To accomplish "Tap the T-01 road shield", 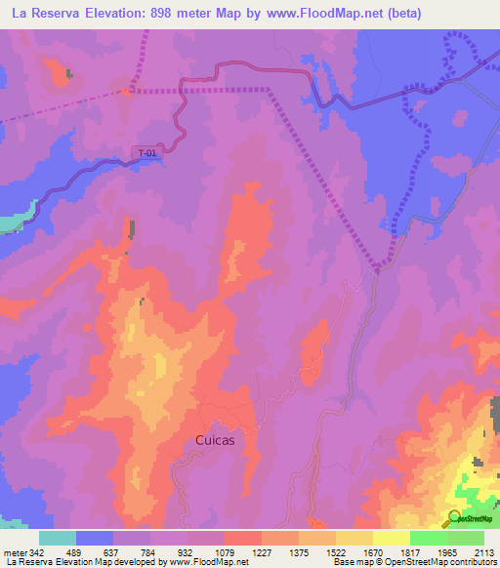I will (146, 152).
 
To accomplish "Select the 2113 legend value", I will (485, 553).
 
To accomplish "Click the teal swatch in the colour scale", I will (57, 538).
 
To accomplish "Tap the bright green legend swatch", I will (428, 538).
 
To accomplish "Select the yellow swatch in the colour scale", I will (391, 538).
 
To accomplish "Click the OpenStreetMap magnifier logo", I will (455, 518).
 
